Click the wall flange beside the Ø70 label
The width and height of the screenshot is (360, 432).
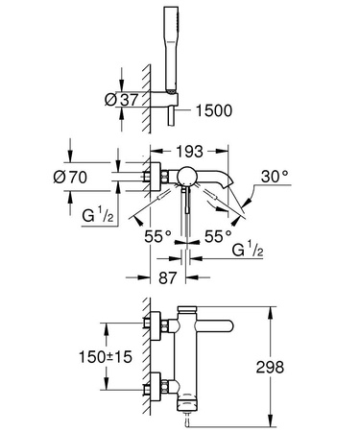click(149, 174)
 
